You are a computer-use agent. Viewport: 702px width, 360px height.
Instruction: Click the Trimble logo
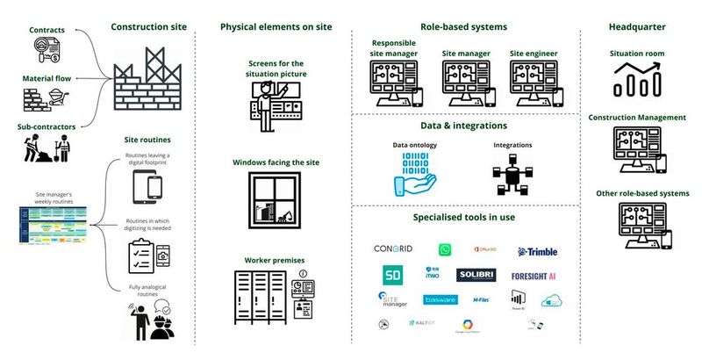pos(537,252)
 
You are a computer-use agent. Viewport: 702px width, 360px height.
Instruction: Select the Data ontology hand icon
pos(412,173)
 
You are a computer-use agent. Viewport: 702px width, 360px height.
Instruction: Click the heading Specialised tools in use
pos(463,216)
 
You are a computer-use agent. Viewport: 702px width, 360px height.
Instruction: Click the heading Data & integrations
pos(463,126)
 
